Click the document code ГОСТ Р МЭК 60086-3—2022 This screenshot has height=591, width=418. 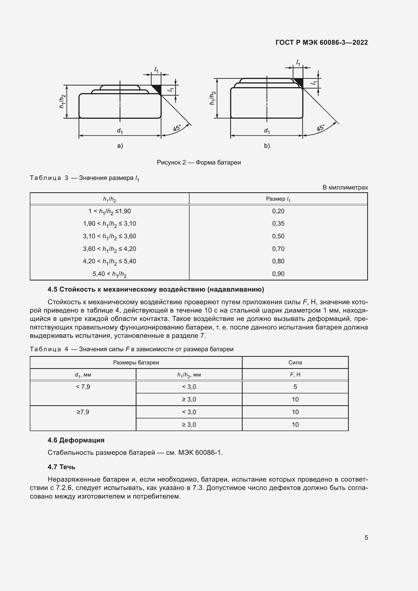(x=321, y=42)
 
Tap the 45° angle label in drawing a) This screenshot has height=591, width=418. (x=177, y=128)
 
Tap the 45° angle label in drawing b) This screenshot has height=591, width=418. (x=321, y=128)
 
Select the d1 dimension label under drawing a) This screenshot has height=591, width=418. (x=120, y=131)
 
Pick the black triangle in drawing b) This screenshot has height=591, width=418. (x=299, y=82)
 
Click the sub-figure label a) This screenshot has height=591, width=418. (x=120, y=146)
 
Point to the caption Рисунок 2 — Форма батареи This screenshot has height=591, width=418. (x=199, y=162)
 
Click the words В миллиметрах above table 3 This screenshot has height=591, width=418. (x=345, y=187)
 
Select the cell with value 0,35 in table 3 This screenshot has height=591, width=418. (x=278, y=223)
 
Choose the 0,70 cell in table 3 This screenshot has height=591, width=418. (x=278, y=249)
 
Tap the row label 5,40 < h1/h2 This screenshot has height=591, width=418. (x=109, y=274)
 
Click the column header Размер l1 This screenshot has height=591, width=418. (x=278, y=199)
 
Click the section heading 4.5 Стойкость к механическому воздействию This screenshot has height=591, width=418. (x=156, y=289)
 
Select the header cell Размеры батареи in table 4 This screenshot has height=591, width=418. (x=136, y=362)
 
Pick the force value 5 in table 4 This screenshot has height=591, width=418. (x=295, y=387)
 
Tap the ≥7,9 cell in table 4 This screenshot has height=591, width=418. (x=83, y=412)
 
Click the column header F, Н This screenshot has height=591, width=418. (x=295, y=374)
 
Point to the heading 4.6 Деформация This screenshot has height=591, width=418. (x=76, y=440)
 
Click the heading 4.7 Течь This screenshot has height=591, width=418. (x=61, y=467)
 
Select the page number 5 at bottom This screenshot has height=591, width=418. (x=366, y=537)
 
